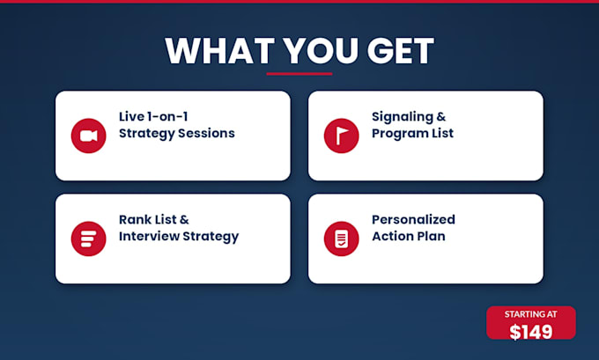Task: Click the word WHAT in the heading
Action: tap(219, 51)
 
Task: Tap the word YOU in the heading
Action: tap(321, 51)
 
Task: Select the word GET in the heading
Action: tap(400, 51)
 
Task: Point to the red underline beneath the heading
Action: tap(299, 74)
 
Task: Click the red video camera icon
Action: tap(89, 136)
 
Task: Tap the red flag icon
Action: tap(342, 136)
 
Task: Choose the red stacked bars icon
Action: tap(89, 239)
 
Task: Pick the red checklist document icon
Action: tap(342, 239)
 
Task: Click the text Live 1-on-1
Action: tap(153, 116)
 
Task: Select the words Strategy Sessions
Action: tap(177, 134)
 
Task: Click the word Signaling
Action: tap(403, 117)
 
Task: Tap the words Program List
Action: tap(412, 134)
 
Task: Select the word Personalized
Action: tap(413, 219)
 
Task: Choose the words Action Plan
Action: tap(409, 236)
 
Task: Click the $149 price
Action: tap(531, 331)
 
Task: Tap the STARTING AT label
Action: tap(531, 314)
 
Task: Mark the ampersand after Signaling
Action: tap(441, 116)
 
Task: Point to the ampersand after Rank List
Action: tap(184, 219)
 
